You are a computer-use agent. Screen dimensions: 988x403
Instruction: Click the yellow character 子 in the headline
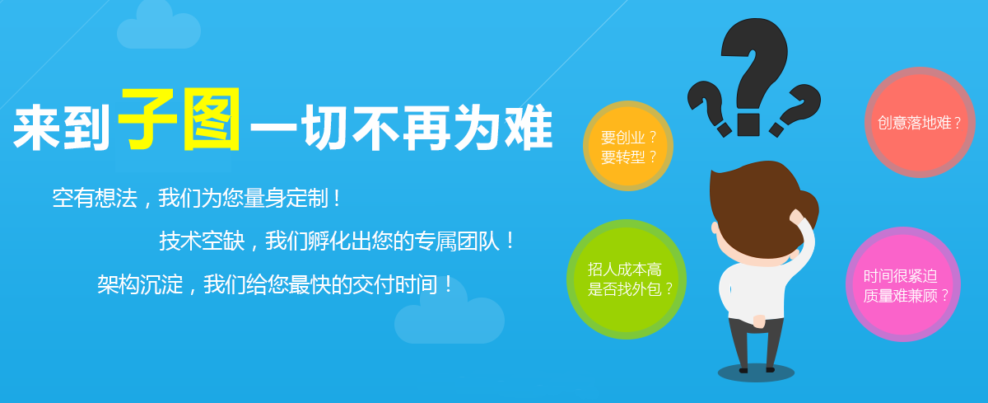(x=147, y=119)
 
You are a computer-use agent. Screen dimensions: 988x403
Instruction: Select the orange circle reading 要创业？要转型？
(x=628, y=146)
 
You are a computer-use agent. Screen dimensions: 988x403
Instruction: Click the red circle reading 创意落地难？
(x=920, y=122)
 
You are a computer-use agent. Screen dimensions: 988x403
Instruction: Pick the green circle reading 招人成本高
(x=627, y=279)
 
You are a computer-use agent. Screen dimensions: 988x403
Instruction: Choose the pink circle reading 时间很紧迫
(x=903, y=284)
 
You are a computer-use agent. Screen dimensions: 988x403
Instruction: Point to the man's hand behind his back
(x=759, y=321)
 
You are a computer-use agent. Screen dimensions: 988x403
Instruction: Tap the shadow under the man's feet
(x=756, y=373)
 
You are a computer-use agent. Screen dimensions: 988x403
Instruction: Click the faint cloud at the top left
(x=159, y=29)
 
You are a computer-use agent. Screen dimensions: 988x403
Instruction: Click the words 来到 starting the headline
(x=61, y=128)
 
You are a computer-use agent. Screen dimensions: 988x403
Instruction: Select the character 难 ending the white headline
(x=529, y=127)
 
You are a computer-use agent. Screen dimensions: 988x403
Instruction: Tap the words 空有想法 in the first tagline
(x=95, y=198)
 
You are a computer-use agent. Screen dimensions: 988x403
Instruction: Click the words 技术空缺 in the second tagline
(x=202, y=241)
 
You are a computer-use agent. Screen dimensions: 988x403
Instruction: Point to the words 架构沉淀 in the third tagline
(x=140, y=284)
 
